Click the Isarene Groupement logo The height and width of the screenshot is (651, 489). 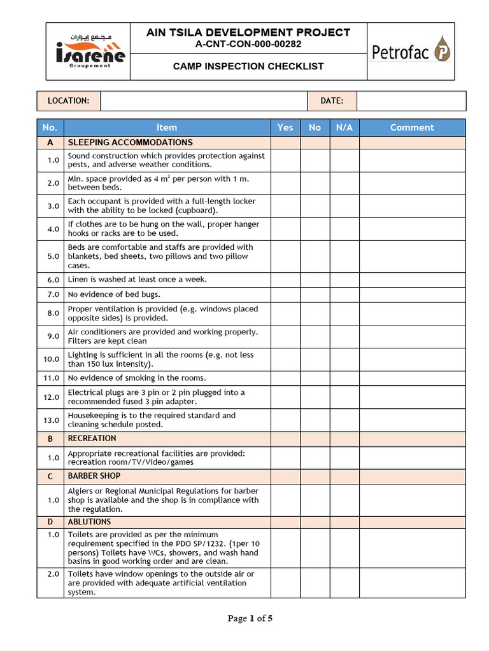click(88, 51)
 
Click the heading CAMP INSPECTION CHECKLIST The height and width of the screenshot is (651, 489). click(248, 66)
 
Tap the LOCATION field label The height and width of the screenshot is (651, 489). click(69, 100)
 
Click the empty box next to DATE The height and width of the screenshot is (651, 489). click(411, 100)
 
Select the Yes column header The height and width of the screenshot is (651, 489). click(285, 127)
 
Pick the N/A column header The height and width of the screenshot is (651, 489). click(344, 127)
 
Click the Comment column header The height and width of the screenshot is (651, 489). click(412, 127)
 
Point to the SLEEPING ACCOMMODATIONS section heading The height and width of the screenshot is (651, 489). click(130, 142)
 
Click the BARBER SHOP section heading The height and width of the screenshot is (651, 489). click(94, 476)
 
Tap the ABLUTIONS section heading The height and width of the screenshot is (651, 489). click(90, 522)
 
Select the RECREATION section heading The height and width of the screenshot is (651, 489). click(92, 438)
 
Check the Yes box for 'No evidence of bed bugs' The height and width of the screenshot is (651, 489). click(285, 294)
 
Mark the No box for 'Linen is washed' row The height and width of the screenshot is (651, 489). click(315, 279)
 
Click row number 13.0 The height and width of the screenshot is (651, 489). click(51, 420)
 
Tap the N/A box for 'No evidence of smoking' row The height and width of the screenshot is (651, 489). click(344, 378)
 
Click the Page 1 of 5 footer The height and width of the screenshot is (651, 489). click(250, 618)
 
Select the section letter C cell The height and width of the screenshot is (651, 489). click(51, 476)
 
